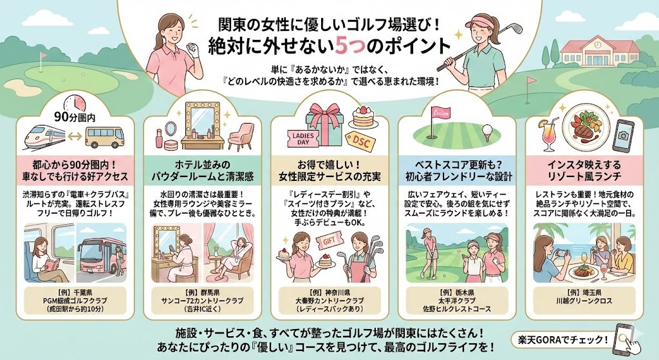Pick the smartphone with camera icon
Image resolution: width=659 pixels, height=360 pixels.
[x=623, y=131]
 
